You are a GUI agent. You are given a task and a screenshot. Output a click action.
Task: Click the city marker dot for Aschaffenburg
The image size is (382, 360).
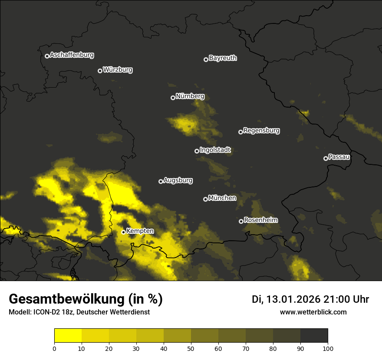(x=47, y=56)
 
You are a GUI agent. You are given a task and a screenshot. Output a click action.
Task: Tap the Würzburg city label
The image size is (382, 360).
(x=118, y=70)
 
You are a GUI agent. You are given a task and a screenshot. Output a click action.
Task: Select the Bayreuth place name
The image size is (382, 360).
(x=223, y=58)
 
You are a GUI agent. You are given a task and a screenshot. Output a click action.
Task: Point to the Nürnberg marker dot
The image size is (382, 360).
(x=173, y=98)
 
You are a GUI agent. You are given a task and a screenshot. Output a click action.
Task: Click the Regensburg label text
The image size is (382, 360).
(x=261, y=131)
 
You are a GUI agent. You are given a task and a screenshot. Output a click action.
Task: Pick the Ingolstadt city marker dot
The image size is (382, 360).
(x=197, y=151)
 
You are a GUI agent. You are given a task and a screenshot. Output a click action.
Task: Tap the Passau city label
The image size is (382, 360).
(x=339, y=157)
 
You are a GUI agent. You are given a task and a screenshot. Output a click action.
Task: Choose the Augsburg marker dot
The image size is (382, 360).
(x=161, y=181)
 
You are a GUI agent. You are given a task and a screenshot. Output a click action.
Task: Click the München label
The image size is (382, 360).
(x=222, y=198)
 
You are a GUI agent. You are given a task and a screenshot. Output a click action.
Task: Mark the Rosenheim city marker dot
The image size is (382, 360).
(x=241, y=222)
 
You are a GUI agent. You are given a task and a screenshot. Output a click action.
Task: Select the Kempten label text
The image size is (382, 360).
(x=140, y=231)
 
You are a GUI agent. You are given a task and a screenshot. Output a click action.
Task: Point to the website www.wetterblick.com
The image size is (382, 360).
(x=313, y=312)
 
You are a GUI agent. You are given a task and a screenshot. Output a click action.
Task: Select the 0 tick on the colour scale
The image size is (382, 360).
(x=54, y=348)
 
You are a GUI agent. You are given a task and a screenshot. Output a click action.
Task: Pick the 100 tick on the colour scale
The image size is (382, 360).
(x=328, y=348)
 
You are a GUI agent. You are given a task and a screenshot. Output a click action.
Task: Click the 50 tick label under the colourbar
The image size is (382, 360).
(x=191, y=348)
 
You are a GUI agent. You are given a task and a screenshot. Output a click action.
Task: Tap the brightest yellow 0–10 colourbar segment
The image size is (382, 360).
(x=68, y=336)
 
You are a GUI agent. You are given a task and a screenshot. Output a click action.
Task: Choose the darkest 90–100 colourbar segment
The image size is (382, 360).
(x=314, y=336)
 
